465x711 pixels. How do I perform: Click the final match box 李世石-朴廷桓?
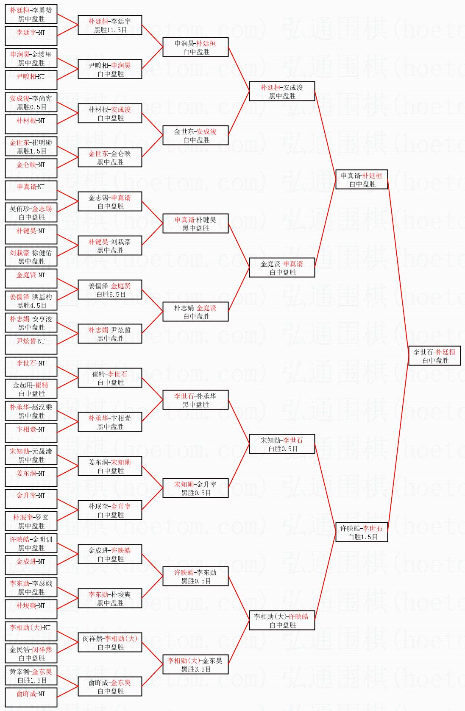click(434, 356)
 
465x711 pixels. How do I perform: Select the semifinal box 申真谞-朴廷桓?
click(361, 179)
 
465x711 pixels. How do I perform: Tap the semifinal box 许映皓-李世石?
click(361, 532)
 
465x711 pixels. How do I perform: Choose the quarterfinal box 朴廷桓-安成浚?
click(282, 91)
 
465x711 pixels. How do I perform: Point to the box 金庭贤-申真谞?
click(282, 268)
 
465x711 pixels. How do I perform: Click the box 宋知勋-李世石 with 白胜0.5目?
click(282, 444)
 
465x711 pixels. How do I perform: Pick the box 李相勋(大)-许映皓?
click(282, 620)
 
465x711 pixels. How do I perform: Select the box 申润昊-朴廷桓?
click(195, 47)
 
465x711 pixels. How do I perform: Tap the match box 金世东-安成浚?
click(195, 135)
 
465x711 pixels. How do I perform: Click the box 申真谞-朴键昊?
click(195, 223)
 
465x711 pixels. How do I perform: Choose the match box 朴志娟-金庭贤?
click(195, 312)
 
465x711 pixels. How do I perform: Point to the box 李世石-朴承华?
click(195, 400)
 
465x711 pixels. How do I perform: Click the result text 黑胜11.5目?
click(110, 30)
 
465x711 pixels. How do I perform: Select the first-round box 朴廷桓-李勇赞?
click(31, 14)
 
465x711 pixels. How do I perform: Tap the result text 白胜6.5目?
click(110, 295)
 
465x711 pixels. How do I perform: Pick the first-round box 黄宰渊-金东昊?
click(31, 675)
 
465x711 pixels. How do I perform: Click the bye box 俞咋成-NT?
click(31, 697)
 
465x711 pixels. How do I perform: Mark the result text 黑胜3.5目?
click(196, 669)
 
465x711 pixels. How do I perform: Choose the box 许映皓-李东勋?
click(195, 576)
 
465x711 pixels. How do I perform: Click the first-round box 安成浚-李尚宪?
click(31, 102)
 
